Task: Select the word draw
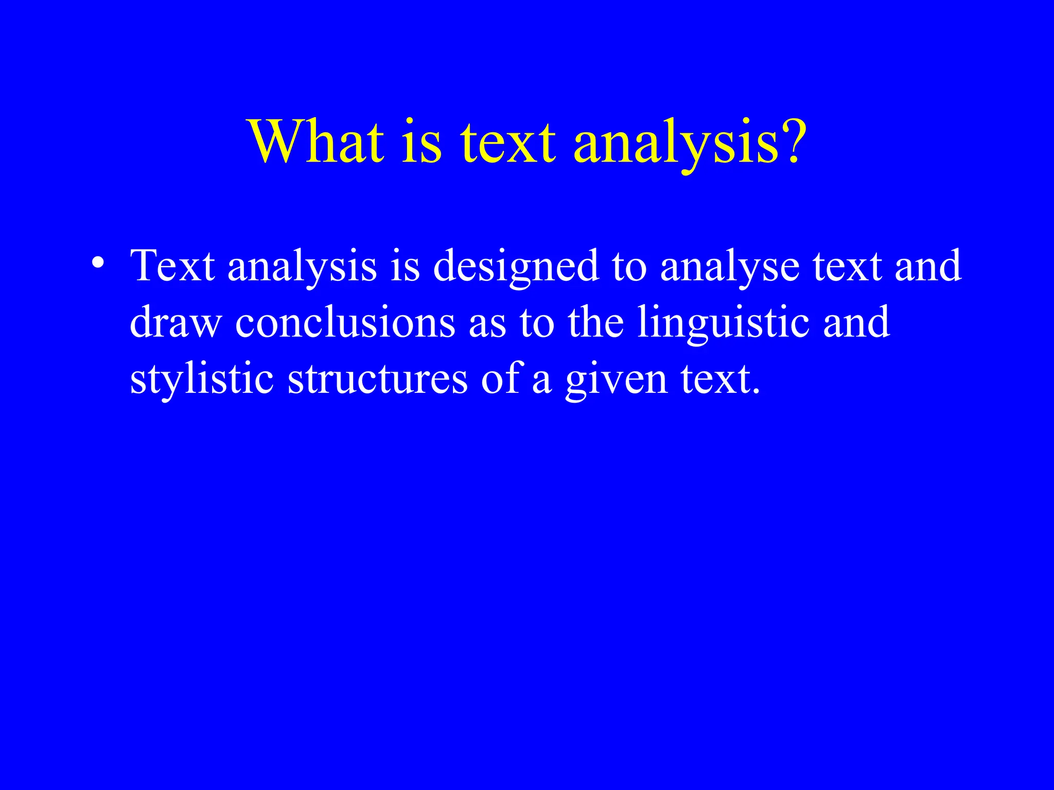[175, 322]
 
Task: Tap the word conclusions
[345, 322]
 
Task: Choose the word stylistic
[201, 380]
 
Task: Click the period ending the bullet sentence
[755, 392]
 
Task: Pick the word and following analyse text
[927, 266]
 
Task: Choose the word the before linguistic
[595, 322]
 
